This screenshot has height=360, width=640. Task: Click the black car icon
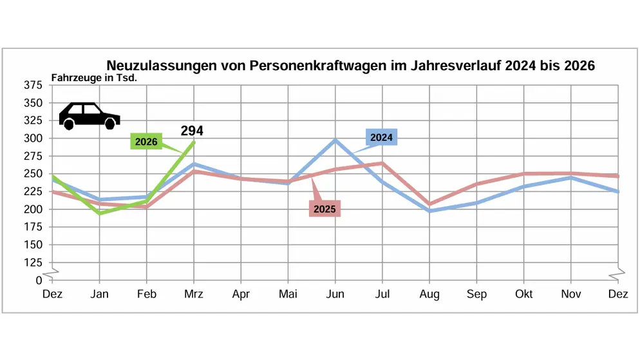coord(89,116)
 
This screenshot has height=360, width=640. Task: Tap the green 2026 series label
coord(146,142)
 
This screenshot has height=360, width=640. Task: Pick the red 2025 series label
coord(324,209)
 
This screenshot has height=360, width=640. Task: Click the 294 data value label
coord(192,131)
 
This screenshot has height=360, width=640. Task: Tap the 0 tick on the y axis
coord(39,280)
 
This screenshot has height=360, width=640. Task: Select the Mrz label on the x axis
coord(194,294)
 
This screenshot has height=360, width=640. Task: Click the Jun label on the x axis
coord(335,294)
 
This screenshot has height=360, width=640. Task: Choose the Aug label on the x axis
coord(429,294)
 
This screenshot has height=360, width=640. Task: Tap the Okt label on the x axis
coord(523,294)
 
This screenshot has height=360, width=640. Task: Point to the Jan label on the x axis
coord(99,294)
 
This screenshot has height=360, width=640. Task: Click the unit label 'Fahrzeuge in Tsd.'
coord(95,78)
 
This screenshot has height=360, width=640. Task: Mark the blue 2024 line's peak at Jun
coord(335,140)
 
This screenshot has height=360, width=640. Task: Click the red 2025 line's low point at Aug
coord(429,204)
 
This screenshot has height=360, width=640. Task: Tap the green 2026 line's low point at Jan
coord(100,213)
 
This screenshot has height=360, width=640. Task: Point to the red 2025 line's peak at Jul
coord(382,163)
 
